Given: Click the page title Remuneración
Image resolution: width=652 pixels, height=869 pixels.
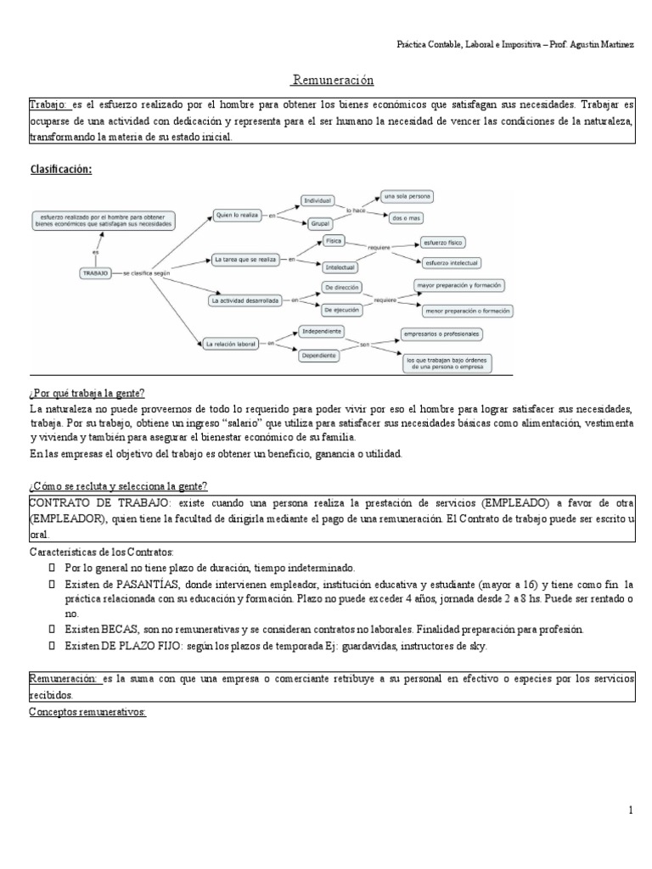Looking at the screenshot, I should point(332,81).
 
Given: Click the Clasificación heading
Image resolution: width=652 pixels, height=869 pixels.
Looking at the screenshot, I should point(60,169).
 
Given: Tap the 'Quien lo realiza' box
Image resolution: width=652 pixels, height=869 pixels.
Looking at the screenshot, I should point(237,216).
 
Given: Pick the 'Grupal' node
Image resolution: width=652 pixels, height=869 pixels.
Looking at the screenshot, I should point(320,223).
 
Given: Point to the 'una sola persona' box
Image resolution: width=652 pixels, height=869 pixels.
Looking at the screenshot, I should point(407,197).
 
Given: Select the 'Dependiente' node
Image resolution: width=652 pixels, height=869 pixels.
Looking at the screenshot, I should point(320,355).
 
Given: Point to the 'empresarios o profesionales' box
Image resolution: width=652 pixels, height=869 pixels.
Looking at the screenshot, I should point(442,334).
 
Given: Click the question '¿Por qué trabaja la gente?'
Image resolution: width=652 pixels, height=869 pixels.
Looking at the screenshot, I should point(87,393).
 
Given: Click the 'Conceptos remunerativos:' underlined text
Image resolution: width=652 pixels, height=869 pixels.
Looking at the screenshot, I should point(87,712).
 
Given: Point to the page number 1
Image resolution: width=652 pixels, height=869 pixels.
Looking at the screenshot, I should point(631,810).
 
